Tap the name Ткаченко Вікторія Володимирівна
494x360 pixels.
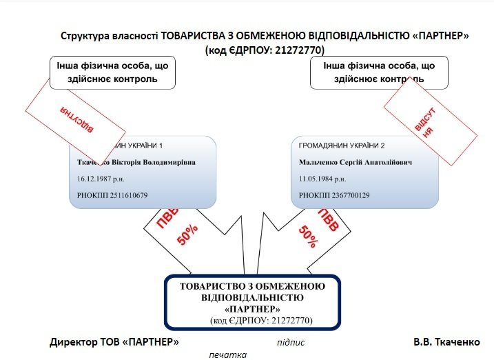click(x=136, y=163)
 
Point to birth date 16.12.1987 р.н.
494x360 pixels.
click(x=100, y=179)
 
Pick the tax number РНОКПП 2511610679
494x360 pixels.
click(x=112, y=195)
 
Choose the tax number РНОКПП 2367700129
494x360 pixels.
click(x=334, y=195)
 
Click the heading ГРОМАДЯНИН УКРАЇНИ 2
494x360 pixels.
click(x=340, y=146)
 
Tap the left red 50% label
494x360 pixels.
click(x=188, y=234)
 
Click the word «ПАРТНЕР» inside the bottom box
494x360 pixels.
click(x=251, y=308)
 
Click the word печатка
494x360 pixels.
click(x=227, y=354)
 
